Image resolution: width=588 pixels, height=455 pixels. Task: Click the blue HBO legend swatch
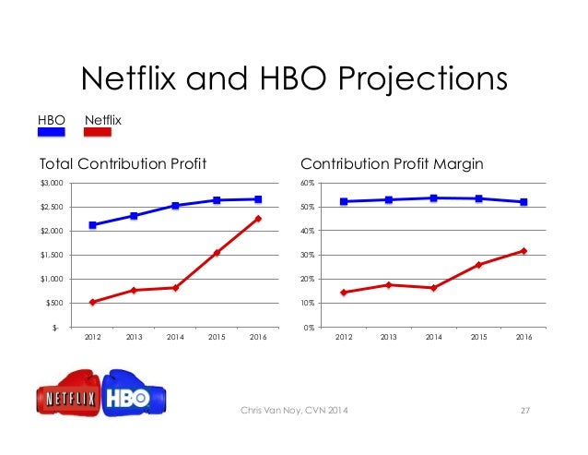click(x=52, y=132)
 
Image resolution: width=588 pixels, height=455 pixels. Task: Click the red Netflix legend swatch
click(x=98, y=132)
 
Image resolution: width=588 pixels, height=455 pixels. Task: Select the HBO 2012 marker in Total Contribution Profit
click(x=93, y=225)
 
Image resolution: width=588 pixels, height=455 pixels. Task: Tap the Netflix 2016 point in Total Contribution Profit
click(x=258, y=219)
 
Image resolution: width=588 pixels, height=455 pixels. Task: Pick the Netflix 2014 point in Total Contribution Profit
click(x=175, y=288)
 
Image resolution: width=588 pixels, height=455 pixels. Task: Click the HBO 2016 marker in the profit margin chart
click(x=523, y=202)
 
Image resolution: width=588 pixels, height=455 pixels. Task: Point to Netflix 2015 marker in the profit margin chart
click(x=479, y=265)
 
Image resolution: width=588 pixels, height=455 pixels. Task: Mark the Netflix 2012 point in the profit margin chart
click(x=344, y=292)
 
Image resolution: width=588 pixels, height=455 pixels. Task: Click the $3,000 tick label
click(x=52, y=184)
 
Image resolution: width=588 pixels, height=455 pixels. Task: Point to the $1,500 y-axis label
click(x=52, y=256)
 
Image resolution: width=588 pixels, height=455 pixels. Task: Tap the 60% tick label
click(x=307, y=184)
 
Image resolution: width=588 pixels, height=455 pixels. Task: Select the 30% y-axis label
click(x=307, y=256)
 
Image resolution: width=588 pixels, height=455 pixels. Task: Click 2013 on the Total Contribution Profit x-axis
click(x=134, y=337)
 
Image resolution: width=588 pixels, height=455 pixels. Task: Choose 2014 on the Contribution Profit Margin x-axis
click(x=434, y=337)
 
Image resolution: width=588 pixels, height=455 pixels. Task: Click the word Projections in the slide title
click(x=423, y=79)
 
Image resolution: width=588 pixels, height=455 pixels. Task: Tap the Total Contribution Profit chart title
click(x=123, y=163)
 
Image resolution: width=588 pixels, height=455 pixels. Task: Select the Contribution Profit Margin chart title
click(x=392, y=164)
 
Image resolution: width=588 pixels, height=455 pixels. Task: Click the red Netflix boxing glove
click(x=69, y=393)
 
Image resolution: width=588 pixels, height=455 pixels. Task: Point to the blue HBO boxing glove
click(x=134, y=393)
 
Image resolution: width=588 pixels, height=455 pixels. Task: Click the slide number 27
click(x=525, y=411)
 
